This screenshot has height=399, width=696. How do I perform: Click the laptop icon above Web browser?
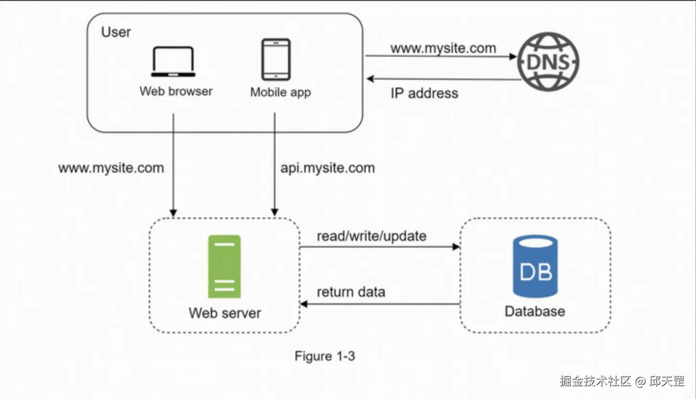[x=173, y=62]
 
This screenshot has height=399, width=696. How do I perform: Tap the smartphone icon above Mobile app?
[x=276, y=59]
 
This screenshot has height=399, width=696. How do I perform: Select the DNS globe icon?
[x=548, y=62]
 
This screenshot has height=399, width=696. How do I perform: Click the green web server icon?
[x=224, y=267]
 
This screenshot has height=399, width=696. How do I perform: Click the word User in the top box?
[x=116, y=32]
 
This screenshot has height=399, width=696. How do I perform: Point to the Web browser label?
[x=176, y=91]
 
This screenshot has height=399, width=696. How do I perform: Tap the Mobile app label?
[x=280, y=92]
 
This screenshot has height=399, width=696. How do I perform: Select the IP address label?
[x=424, y=93]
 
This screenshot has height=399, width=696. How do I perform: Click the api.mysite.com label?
[x=327, y=168]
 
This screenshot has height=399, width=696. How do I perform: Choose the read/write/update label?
[x=372, y=236]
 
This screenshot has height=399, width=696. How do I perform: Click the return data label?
[x=351, y=292]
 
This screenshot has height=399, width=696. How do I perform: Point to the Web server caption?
[x=225, y=313]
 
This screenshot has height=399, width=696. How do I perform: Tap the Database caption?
[x=535, y=311]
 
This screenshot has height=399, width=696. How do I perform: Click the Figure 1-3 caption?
[x=324, y=356]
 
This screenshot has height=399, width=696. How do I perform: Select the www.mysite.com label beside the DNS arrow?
[x=443, y=48]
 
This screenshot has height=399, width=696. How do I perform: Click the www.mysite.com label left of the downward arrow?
[x=111, y=168]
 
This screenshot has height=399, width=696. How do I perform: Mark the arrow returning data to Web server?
[x=379, y=304]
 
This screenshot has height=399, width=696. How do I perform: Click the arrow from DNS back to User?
[x=444, y=79]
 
